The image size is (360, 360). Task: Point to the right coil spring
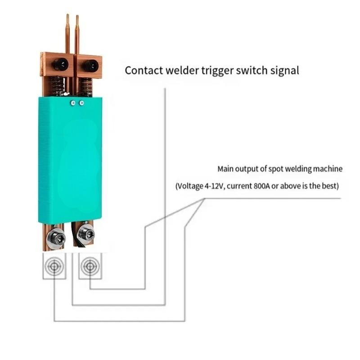pyautogui.click(x=86, y=87)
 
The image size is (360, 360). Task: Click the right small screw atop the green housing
pyautogui.click(x=81, y=103)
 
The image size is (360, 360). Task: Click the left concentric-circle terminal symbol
pyautogui.click(x=54, y=267)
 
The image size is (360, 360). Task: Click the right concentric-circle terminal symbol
pyautogui.click(x=90, y=267)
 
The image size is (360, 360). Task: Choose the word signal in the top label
pyautogui.click(x=284, y=71)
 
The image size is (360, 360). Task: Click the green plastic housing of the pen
pyautogui.click(x=70, y=162)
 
